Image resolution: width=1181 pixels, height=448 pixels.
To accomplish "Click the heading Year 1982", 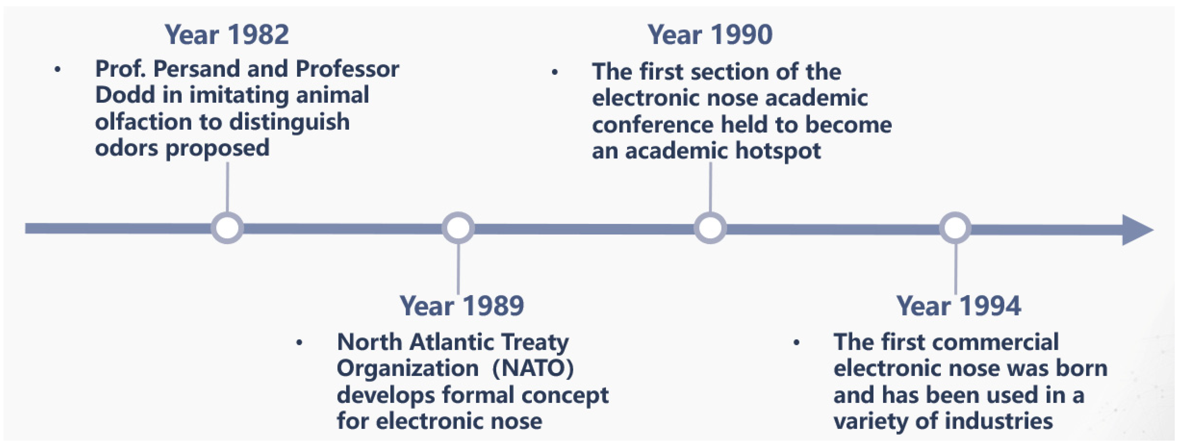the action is (227, 35).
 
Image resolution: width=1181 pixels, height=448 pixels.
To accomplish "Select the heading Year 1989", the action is (462, 306).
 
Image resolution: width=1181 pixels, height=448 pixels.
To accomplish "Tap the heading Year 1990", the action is (710, 35).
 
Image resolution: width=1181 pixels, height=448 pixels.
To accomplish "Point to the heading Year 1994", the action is (959, 306).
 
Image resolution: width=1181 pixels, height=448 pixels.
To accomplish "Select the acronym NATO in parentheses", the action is (533, 368).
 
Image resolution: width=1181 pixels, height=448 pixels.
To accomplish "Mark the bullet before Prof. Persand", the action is (57, 70).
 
